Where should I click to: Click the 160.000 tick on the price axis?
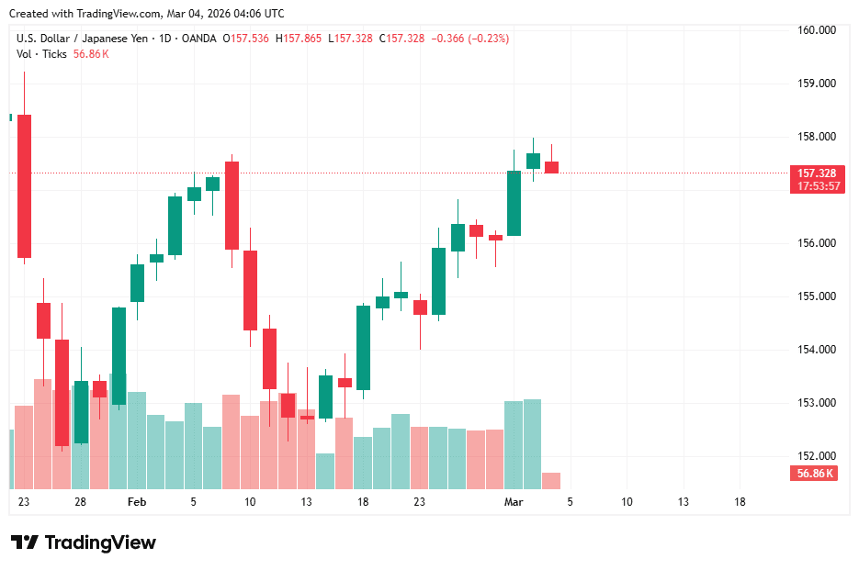(816, 30)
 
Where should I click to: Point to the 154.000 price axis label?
(816, 350)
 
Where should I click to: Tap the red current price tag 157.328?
(816, 173)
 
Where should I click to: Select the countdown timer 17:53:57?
(816, 185)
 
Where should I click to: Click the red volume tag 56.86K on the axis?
(815, 474)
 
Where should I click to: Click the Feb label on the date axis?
(137, 502)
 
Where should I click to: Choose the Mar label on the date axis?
(514, 502)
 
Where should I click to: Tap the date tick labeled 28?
(81, 502)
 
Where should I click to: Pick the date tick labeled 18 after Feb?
(363, 502)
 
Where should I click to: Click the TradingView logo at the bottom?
(84, 542)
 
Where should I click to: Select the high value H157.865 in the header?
(303, 39)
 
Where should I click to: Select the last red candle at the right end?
(551, 167)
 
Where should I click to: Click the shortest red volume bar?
(551, 480)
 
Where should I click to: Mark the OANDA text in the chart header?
(199, 39)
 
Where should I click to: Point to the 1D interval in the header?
(166, 39)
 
